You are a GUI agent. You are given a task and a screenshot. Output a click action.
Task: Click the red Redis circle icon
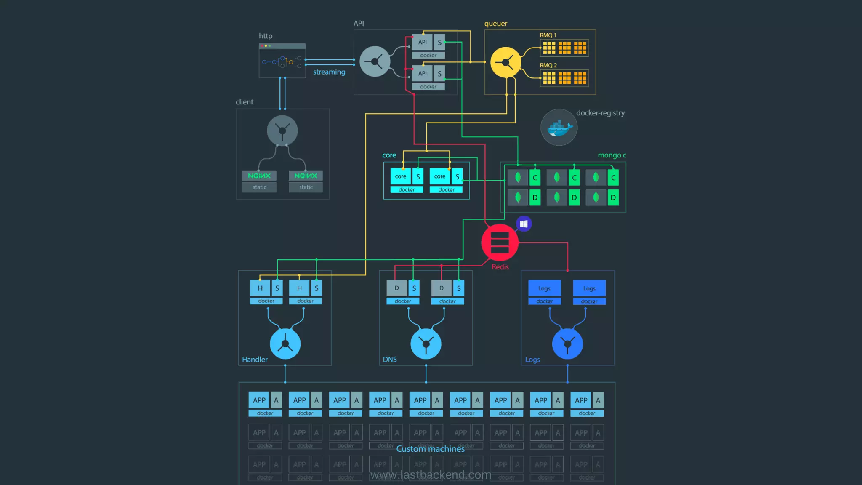[500, 242]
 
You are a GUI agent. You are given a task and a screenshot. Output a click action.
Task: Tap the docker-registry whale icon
[559, 127]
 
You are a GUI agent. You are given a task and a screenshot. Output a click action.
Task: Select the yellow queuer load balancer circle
[506, 63]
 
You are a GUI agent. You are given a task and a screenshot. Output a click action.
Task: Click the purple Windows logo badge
[524, 224]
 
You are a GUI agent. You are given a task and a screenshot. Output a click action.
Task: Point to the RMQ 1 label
[548, 35]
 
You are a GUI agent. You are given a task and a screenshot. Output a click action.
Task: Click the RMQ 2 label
[548, 66]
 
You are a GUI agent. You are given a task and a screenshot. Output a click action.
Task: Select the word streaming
[329, 72]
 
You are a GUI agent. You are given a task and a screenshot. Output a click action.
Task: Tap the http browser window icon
[282, 61]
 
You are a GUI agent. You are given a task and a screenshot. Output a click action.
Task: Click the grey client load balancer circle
[282, 131]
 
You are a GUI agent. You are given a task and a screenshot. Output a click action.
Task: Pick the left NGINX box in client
[259, 176]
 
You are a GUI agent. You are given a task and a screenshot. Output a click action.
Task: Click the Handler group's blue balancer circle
[285, 344]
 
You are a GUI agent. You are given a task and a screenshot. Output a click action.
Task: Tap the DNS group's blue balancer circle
[426, 344]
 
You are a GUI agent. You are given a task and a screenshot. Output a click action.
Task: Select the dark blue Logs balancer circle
[567, 344]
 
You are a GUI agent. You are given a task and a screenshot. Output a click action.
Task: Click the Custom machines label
[430, 449]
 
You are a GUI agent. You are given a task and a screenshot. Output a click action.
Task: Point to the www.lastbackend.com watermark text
[430, 475]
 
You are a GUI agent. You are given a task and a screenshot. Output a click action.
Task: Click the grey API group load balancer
[375, 61]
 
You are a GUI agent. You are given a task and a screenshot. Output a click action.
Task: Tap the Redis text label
[500, 267]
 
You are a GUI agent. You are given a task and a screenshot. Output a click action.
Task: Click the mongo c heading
[612, 155]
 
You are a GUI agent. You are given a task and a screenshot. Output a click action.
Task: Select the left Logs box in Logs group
[544, 288]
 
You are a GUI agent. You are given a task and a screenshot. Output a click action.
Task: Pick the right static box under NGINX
[306, 187]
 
